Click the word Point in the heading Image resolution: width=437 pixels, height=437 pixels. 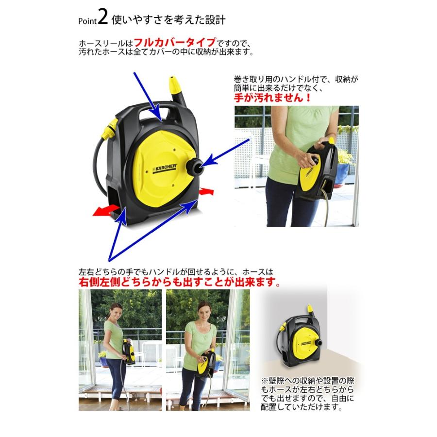point(87,21)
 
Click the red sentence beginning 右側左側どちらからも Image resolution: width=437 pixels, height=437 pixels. point(180,282)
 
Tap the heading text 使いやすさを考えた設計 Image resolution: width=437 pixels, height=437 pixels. point(168,20)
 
